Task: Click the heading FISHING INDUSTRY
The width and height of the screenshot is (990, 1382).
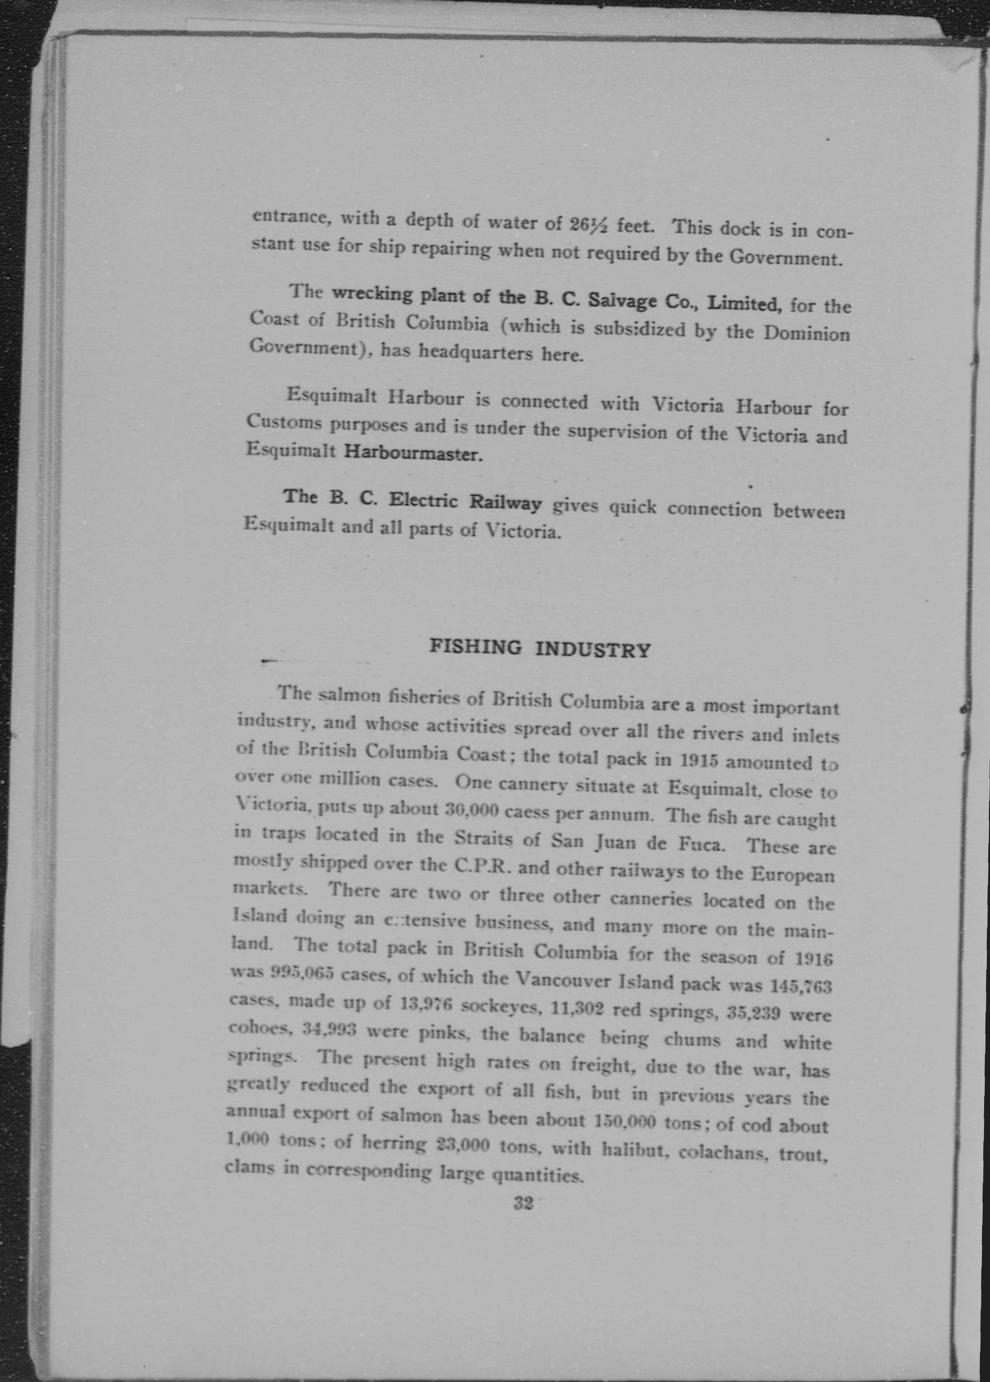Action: coord(540,649)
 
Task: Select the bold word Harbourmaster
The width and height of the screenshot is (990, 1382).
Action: coord(414,453)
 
